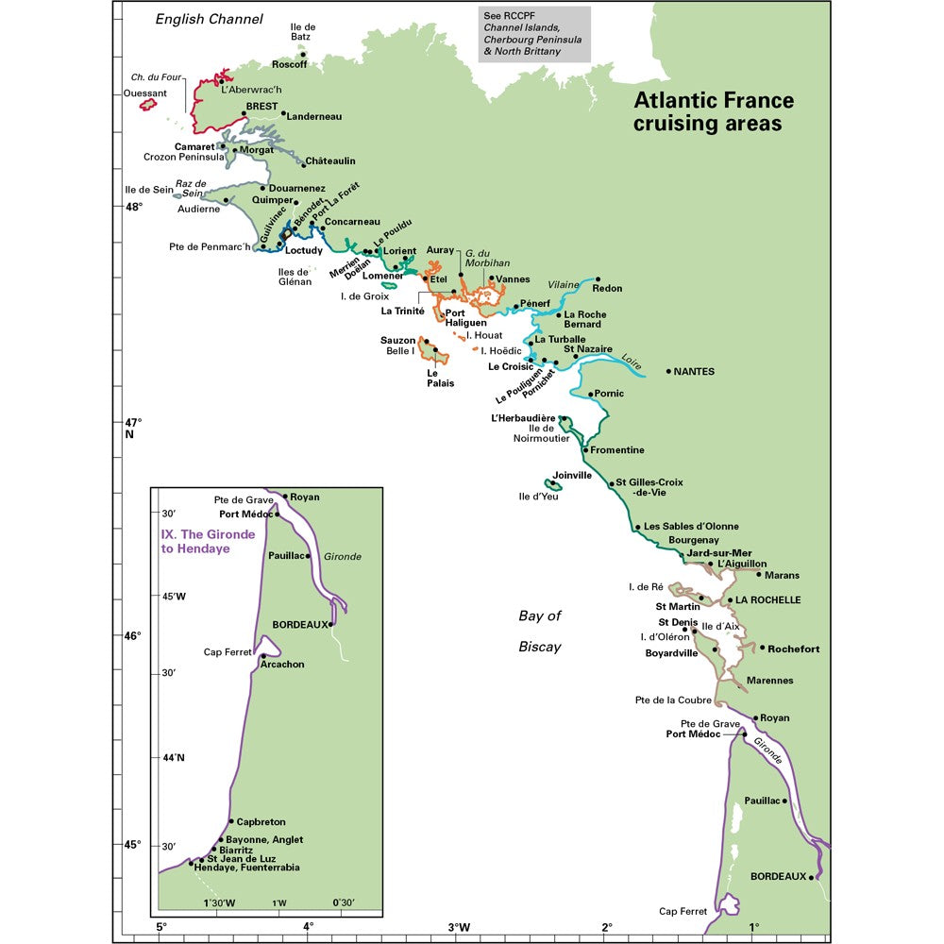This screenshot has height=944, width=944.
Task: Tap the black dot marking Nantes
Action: (669, 372)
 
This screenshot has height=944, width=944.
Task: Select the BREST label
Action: (261, 107)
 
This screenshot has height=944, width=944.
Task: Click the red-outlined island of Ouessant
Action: (148, 104)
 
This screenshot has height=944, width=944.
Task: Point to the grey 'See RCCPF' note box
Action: (534, 35)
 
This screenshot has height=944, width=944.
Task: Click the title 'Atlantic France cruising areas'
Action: (713, 112)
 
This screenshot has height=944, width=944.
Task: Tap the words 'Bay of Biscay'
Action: (540, 632)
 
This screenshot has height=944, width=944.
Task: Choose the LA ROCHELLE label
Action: (768, 600)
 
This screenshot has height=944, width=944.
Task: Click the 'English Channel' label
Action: (209, 19)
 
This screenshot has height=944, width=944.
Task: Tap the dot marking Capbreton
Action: (231, 821)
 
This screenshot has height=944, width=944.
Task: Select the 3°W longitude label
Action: (460, 927)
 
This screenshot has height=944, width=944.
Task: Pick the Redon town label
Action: (607, 289)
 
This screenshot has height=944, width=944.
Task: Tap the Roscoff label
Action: (289, 64)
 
